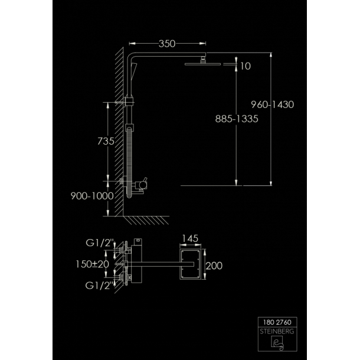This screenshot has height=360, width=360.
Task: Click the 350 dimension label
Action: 167,44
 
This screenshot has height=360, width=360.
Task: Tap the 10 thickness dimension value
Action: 246,66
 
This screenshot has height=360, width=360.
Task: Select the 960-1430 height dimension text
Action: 272,104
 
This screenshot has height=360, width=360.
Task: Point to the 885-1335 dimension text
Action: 237,119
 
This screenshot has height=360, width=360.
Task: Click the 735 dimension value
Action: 106,141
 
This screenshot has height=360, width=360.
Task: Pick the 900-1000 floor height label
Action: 92,196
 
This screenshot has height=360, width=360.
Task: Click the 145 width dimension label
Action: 190,238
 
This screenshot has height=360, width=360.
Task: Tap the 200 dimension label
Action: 214,266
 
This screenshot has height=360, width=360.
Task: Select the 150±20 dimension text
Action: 92,264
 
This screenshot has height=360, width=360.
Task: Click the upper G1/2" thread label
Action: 100,243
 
